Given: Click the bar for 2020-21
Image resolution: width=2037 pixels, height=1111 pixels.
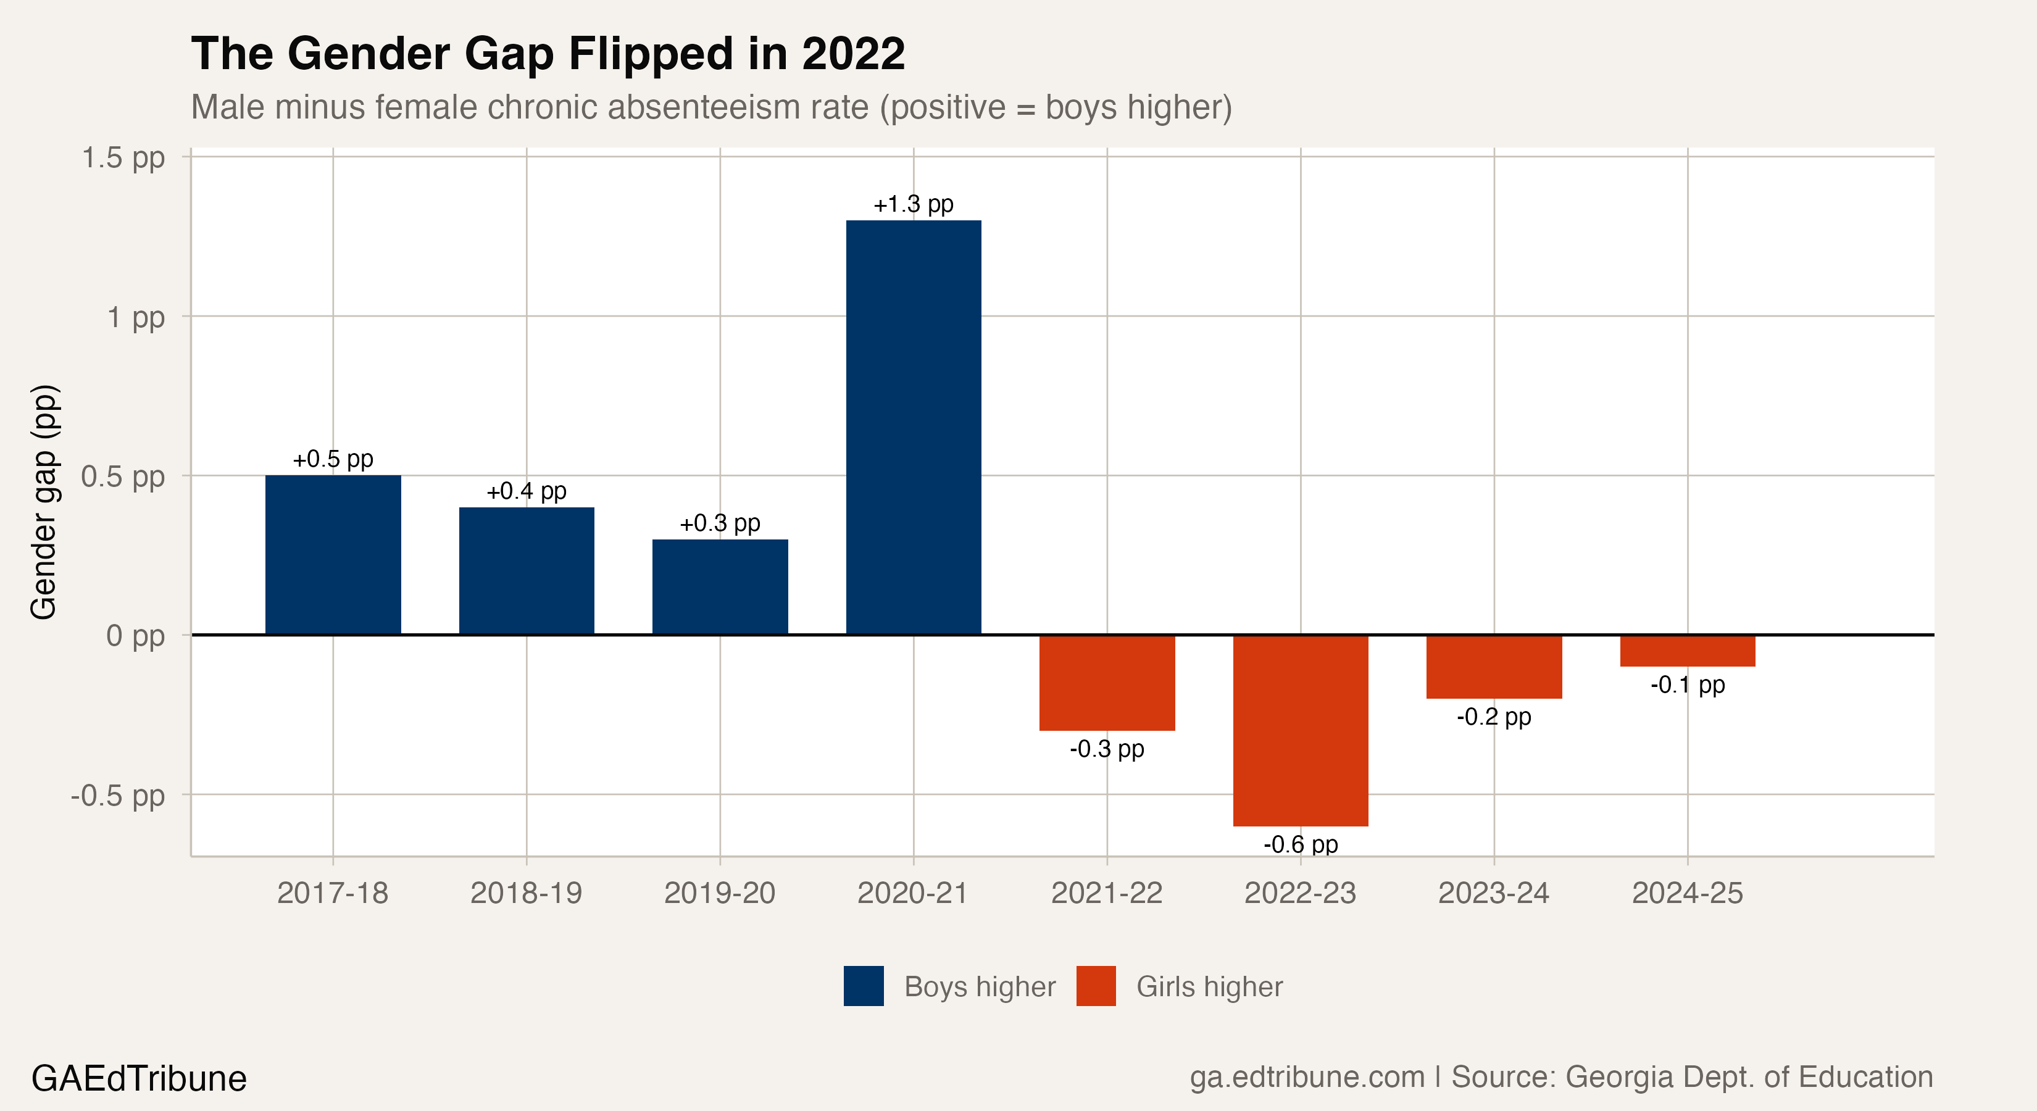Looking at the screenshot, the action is click(914, 427).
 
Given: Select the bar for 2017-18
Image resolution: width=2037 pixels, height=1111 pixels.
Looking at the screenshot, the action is click(333, 554).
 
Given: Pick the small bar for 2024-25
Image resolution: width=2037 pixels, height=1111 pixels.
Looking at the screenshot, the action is click(1688, 650).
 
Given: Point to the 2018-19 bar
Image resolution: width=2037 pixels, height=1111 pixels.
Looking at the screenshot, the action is click(527, 570).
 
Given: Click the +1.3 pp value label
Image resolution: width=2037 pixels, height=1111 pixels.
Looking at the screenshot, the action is click(914, 204).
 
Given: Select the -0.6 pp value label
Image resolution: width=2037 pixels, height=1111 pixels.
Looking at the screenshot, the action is click(1300, 844).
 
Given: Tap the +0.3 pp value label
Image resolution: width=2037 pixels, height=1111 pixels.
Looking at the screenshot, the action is click(720, 523).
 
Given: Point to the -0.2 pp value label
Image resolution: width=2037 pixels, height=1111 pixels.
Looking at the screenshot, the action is click(1494, 717).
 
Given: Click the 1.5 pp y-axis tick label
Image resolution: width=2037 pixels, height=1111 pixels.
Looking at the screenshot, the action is click(123, 157).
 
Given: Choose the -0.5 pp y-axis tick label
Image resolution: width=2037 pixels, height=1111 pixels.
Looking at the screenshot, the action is click(118, 795).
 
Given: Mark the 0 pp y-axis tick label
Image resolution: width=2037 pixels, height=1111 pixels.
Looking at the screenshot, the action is click(135, 635).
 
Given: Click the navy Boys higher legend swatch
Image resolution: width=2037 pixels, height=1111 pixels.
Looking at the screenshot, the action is click(864, 986).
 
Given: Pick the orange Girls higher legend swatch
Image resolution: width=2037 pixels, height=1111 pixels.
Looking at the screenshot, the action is click(1096, 986).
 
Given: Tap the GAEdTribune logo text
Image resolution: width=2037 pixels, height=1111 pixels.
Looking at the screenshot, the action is click(139, 1078).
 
